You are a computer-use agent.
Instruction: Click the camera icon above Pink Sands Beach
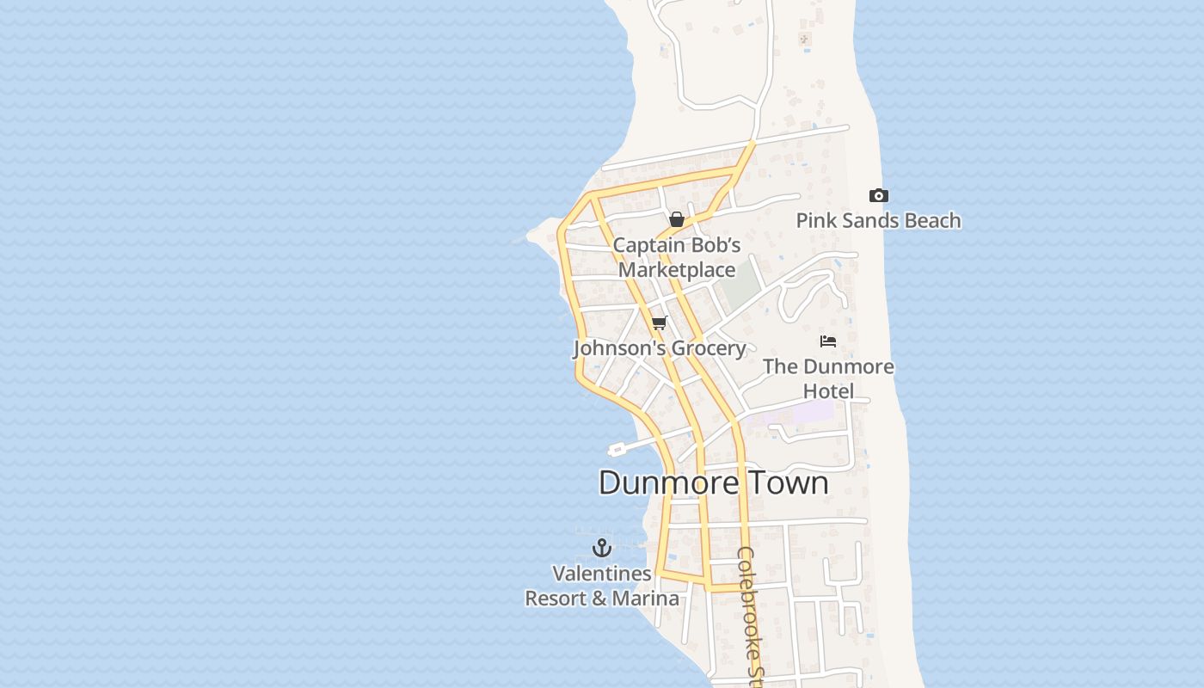878,196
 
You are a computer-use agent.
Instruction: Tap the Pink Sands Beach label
878,221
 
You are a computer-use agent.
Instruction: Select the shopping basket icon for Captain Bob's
677,219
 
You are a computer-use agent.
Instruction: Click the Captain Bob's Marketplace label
677,257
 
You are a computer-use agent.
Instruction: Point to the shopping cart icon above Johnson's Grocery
659,322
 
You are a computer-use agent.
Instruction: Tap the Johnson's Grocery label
659,348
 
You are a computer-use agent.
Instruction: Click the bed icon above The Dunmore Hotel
828,341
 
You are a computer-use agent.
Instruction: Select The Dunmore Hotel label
828,378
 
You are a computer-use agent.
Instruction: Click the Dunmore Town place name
713,482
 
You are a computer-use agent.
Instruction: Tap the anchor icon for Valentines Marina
602,547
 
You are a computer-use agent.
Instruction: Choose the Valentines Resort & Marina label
602,586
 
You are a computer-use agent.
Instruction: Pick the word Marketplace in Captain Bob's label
677,270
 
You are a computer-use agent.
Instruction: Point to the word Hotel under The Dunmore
828,391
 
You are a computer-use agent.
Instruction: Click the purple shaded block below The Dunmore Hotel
813,412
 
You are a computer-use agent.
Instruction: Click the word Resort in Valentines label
556,599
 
